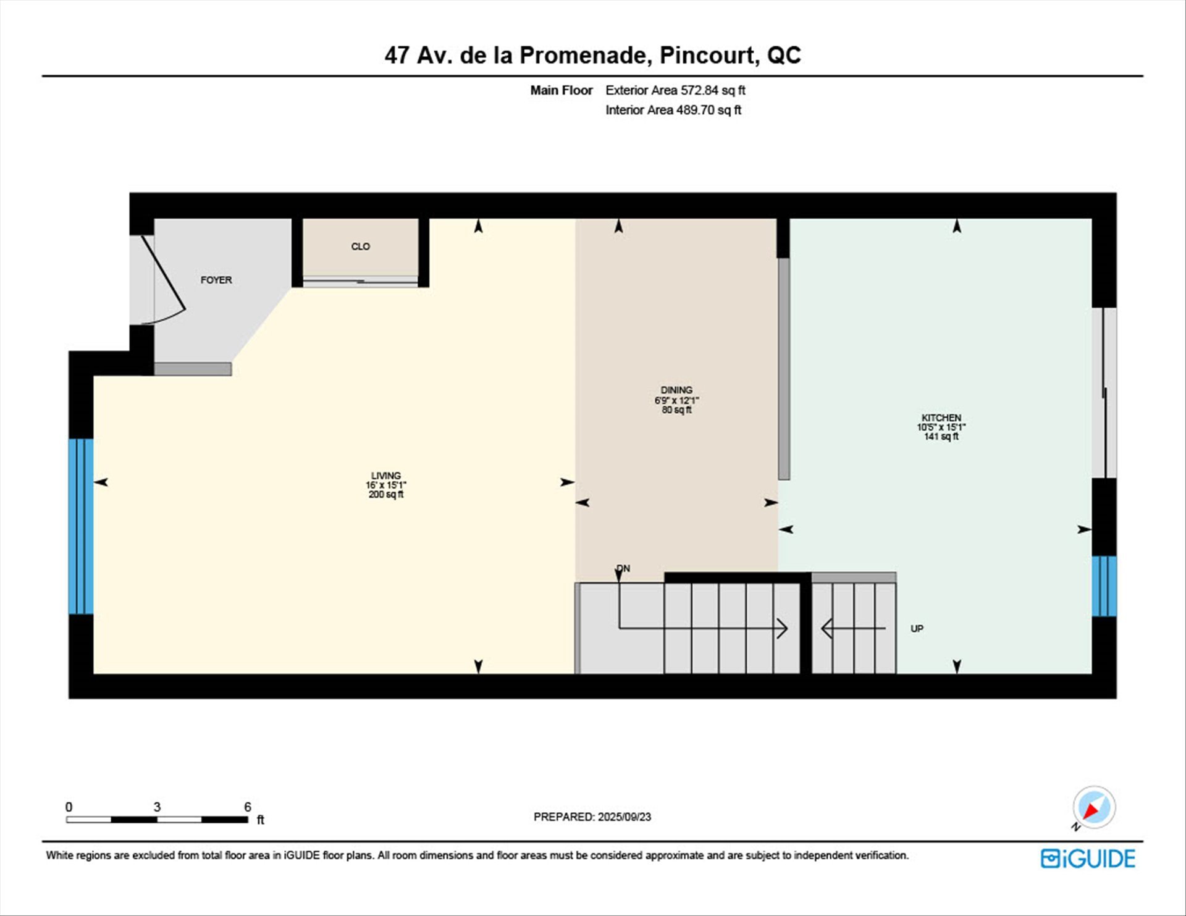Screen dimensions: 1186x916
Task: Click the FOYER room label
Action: pos(216,280)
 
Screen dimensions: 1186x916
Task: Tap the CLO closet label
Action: pos(360,246)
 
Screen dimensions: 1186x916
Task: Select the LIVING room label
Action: pos(386,476)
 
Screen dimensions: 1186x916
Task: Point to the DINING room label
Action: pos(676,390)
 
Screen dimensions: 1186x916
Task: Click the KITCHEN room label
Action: pos(941,418)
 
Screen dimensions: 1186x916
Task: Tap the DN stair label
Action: pos(623,568)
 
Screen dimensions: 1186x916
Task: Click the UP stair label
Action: pos(917,628)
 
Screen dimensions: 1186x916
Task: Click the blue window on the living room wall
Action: pos(81,526)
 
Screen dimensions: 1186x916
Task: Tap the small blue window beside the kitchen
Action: pos(1104,586)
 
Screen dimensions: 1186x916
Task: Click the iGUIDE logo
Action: pos(1088,859)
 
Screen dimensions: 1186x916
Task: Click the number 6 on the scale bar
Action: pos(248,807)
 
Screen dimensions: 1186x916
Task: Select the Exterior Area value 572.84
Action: pos(699,90)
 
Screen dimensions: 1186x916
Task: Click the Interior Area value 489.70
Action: pos(695,110)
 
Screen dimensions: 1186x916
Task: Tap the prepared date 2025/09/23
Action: pos(624,817)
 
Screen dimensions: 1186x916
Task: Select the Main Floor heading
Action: pos(561,90)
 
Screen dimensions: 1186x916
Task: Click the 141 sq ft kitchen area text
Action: pos(941,437)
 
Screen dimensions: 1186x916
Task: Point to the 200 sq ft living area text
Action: pos(386,494)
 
